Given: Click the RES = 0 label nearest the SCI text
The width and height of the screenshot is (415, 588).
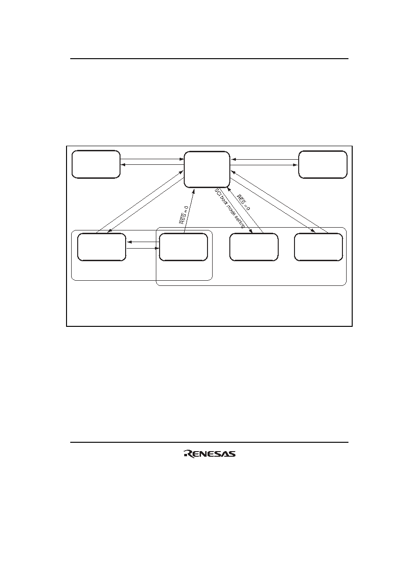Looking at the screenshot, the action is coord(243,202).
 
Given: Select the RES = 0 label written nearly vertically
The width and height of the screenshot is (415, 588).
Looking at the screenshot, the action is coord(184,215).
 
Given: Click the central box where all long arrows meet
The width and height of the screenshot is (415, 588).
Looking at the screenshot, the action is coord(207,169).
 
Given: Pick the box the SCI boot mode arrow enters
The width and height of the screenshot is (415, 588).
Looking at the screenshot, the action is coord(254,247).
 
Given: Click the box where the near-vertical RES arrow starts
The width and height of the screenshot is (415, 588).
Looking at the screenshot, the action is coord(183,247).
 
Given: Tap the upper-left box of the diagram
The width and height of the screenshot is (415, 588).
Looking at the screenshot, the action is coord(96,164).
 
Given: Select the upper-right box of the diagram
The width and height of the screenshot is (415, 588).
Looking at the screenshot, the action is coord(323,165).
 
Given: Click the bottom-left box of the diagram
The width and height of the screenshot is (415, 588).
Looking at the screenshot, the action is coord(102,247).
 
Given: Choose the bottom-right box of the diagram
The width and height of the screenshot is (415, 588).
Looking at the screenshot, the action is coord(319,247).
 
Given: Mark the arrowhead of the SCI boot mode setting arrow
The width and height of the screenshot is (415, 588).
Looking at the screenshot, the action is coord(251,231).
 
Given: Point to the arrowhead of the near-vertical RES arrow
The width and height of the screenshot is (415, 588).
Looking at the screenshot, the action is coord(194,190).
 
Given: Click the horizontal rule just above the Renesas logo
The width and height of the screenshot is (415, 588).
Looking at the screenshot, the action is coord(209,442).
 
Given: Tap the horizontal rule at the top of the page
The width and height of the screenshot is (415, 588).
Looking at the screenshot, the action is coord(209,59).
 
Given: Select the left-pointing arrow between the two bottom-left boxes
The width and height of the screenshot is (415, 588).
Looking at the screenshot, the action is coord(143,242).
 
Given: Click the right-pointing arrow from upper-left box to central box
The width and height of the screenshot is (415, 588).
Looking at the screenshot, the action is coord(152,159).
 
